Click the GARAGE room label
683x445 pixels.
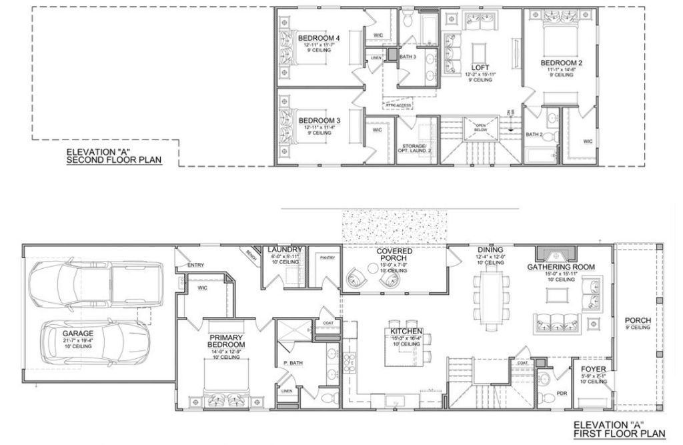point(78,332)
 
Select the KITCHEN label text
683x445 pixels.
point(406,331)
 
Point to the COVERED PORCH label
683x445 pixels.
point(394,255)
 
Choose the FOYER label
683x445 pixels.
point(593,368)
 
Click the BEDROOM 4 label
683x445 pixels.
point(319,37)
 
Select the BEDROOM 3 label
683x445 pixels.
point(319,120)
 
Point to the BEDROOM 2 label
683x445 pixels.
point(562,63)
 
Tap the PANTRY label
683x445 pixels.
point(327,257)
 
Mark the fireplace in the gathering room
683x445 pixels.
point(554,255)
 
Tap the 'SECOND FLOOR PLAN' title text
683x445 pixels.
point(114,160)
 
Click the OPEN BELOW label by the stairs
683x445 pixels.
point(481,128)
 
